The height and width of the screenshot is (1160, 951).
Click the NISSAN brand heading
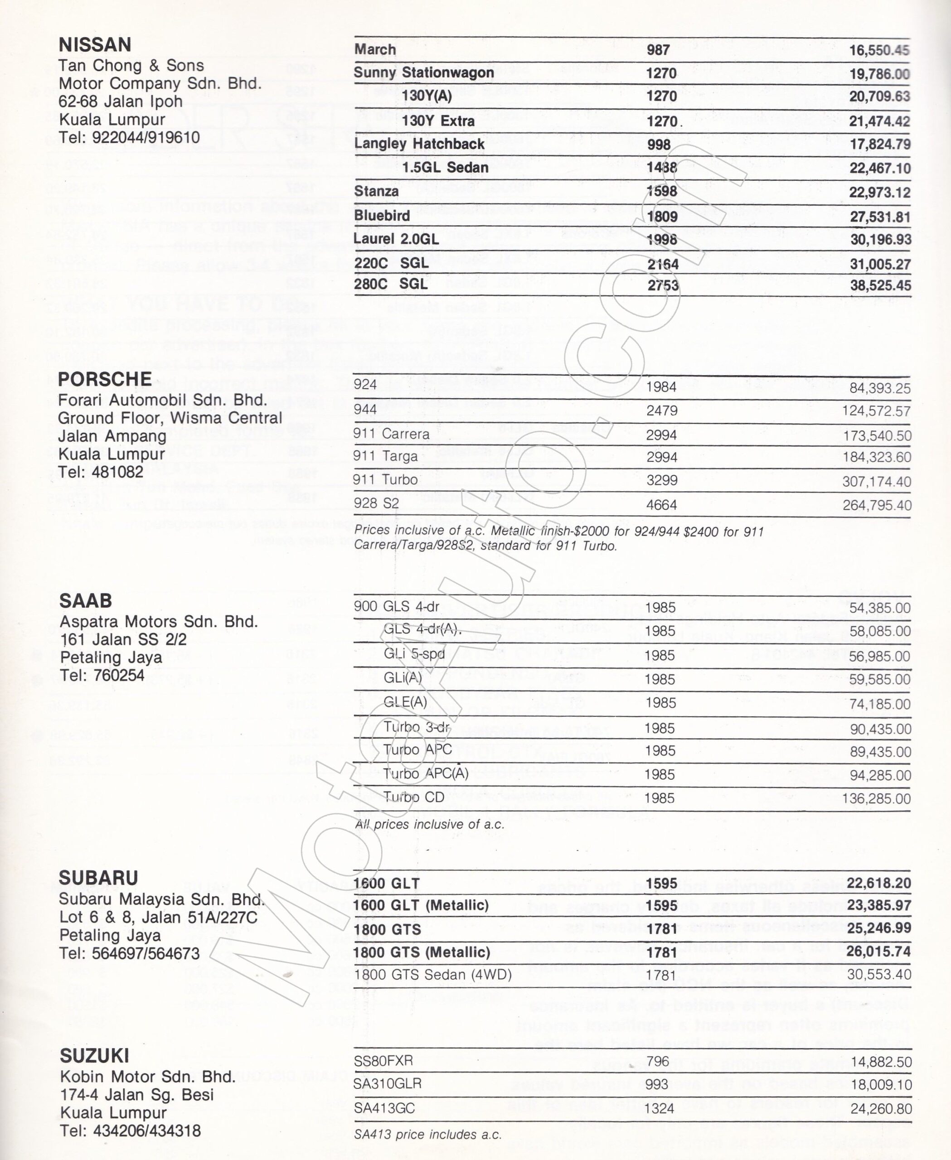pos(95,44)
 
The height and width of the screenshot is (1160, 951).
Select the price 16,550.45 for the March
pos(879,50)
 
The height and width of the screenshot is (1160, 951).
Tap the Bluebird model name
pos(382,216)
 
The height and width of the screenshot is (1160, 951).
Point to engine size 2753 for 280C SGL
pos(663,285)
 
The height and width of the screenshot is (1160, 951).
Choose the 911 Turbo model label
pos(385,480)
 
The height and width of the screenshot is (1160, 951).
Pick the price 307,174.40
pos(877,482)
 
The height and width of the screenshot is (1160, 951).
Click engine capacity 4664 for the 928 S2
pos(662,504)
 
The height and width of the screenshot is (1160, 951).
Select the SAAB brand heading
pos(86,601)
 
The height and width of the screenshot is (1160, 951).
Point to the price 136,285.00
pos(877,798)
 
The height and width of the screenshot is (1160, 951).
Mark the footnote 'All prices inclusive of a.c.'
pos(429,824)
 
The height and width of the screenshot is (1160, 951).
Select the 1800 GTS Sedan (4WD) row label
pos(433,975)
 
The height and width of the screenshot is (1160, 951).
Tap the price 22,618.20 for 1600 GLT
pos(878,884)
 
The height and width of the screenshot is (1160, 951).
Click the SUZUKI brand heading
pos(95,1055)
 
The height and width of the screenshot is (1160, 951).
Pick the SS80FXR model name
pos(383,1061)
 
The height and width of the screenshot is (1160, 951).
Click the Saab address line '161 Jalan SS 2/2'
pos(123,640)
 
